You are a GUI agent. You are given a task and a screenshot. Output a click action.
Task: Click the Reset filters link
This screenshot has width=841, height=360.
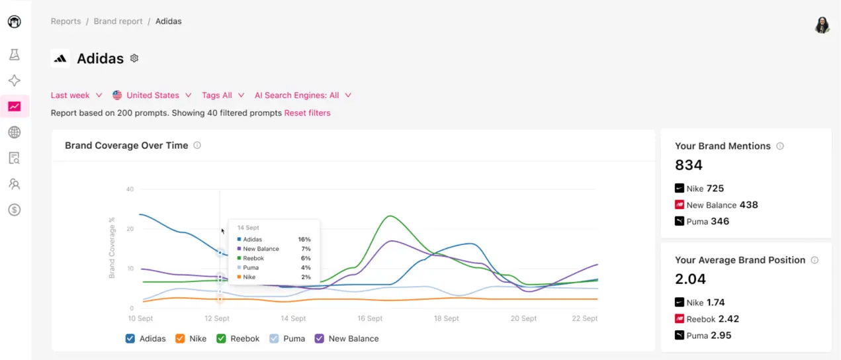tap(307, 113)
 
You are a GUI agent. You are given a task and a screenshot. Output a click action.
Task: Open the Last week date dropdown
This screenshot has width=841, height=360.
tap(76, 95)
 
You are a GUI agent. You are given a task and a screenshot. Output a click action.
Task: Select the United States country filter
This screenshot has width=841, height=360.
tap(152, 95)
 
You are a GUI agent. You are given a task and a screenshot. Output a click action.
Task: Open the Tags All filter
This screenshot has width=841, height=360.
tap(223, 95)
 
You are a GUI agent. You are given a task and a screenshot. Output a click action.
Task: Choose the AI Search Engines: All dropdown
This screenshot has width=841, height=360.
tap(302, 95)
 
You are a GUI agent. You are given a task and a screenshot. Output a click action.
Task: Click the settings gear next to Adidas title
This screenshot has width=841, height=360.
tap(134, 58)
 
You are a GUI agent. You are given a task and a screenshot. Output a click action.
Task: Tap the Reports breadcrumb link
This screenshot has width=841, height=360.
tap(66, 21)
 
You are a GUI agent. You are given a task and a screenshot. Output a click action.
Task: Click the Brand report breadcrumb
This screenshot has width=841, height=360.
tap(118, 21)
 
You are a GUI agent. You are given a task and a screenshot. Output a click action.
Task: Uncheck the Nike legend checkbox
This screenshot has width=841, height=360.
tap(180, 339)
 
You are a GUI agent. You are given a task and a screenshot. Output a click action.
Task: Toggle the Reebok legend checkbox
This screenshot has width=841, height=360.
tap(221, 339)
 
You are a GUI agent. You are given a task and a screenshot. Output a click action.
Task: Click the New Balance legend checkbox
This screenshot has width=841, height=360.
tap(320, 339)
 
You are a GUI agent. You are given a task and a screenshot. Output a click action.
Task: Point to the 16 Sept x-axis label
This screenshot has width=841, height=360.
tap(370, 318)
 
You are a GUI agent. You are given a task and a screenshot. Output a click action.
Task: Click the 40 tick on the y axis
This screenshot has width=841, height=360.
tap(130, 189)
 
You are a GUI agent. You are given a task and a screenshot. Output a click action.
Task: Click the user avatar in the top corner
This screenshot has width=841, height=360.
tap(822, 25)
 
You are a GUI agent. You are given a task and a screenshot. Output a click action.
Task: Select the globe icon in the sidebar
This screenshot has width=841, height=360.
tap(14, 132)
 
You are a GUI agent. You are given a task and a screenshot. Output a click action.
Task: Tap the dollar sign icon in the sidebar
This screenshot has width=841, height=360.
tap(14, 210)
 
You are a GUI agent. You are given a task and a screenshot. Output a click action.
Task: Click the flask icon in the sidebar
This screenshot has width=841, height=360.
tap(14, 55)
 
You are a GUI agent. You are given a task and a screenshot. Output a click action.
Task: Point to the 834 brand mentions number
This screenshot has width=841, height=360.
tap(689, 165)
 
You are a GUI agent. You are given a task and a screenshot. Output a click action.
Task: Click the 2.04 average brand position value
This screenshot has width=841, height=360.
tap(690, 279)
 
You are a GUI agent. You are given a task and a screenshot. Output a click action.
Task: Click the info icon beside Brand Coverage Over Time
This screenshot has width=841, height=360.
tap(197, 146)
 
